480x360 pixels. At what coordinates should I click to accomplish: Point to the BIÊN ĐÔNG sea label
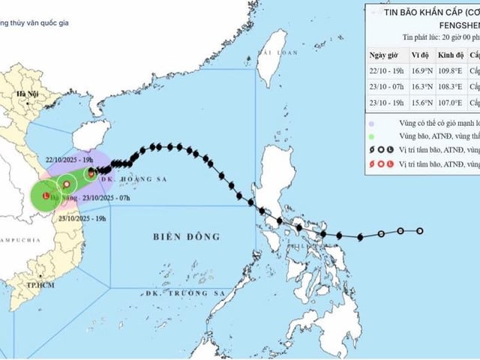pyautogui.click(x=187, y=236)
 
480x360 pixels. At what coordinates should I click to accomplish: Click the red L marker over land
pyautogui.click(x=46, y=197)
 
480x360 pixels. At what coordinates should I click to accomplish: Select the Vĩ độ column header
pyautogui.click(x=420, y=55)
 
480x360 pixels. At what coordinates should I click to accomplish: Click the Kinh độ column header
pyautogui.click(x=448, y=55)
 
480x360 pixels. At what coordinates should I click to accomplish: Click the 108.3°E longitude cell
pyautogui.click(x=450, y=87)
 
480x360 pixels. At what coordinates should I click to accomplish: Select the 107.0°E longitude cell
pyautogui.click(x=450, y=102)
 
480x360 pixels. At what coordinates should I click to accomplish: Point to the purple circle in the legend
pyautogui.click(x=371, y=121)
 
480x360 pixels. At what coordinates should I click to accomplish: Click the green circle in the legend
pyautogui.click(x=371, y=136)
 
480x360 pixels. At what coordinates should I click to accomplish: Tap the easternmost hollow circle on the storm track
pyautogui.click(x=420, y=231)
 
